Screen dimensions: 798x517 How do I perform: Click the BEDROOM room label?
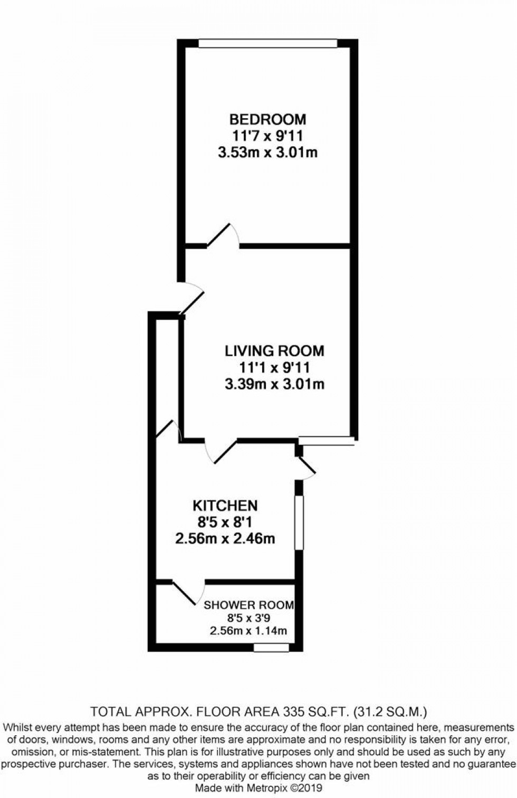267,119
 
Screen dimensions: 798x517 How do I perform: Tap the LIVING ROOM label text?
274,350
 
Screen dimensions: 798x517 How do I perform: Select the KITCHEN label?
225,506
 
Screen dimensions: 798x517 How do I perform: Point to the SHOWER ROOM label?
248,605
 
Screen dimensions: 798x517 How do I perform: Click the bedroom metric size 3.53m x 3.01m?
267,153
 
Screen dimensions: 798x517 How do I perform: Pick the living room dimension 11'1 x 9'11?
274,367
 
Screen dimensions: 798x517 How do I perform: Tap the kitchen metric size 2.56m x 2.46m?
225,539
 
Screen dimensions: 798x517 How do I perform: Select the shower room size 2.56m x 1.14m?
248,631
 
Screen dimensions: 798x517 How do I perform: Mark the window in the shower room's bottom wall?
271,647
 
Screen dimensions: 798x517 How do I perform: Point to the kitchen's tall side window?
299,522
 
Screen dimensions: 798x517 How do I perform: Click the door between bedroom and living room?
224,237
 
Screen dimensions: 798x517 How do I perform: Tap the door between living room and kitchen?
221,450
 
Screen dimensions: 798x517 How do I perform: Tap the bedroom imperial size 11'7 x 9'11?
267,136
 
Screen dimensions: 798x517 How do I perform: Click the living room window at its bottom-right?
326,440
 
